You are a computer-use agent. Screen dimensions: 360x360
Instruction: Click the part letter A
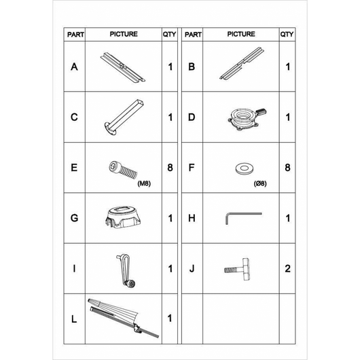[x=74, y=67]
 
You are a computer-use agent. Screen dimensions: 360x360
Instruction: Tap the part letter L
[x=74, y=319]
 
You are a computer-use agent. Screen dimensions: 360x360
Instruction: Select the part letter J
[x=192, y=268]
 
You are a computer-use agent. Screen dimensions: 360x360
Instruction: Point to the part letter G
[x=74, y=218]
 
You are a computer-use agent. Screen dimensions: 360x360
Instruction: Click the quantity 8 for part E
[x=170, y=168]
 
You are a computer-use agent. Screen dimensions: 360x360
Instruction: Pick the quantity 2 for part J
[x=288, y=268]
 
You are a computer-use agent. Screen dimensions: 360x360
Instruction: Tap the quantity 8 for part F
[x=288, y=168]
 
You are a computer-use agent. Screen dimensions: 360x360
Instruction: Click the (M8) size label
[x=144, y=183]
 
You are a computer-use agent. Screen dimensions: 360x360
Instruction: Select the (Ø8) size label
[x=260, y=183]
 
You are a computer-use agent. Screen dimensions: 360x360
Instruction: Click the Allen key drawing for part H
[x=243, y=214]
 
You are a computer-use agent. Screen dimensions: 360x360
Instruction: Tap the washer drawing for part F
[x=244, y=168]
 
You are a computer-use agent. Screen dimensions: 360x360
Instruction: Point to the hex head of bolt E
[x=113, y=166]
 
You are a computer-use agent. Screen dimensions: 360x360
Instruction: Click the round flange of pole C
[x=110, y=128]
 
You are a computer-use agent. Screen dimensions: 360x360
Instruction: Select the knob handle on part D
[x=261, y=111]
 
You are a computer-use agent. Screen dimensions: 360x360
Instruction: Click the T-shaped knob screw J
[x=237, y=269]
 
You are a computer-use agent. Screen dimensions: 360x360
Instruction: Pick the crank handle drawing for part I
[x=126, y=271]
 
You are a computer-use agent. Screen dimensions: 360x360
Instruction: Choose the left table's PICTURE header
[x=124, y=34]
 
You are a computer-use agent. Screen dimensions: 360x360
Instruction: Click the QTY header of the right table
[x=287, y=34]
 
